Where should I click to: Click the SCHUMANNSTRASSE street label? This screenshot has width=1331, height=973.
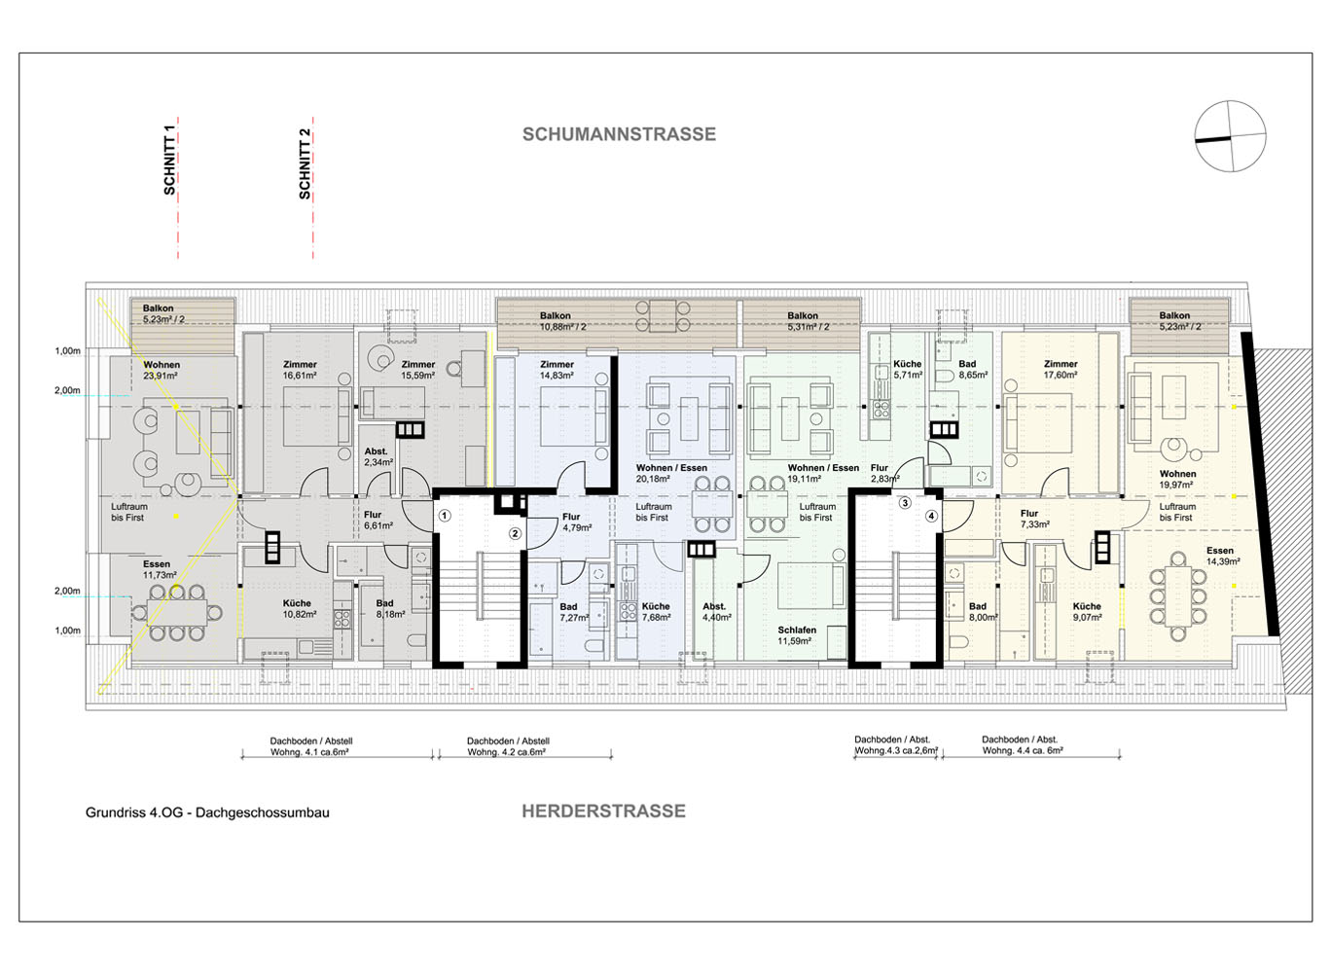[619, 134]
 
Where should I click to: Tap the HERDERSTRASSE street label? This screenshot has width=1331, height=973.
[603, 811]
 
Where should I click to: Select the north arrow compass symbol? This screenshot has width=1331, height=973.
[1231, 136]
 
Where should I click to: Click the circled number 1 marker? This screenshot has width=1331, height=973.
[444, 516]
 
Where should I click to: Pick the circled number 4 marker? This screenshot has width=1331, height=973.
[931, 516]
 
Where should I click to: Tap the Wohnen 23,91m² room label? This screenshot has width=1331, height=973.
[162, 371]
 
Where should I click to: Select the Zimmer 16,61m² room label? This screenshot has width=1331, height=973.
[300, 371]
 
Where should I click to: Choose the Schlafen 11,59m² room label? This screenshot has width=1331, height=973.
[797, 635]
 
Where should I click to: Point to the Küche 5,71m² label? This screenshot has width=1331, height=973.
[907, 370]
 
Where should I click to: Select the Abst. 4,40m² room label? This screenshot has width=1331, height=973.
[714, 612]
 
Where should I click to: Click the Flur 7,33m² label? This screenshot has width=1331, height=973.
[1033, 519]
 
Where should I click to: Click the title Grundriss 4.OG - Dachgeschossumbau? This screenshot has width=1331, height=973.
[207, 812]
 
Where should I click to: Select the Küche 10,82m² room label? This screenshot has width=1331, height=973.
[298, 609]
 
